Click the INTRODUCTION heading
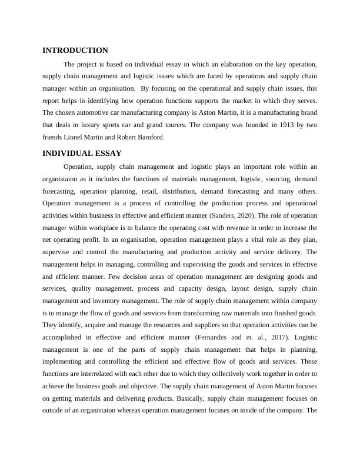pyautogui.click(x=75, y=51)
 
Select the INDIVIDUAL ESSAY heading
pyautogui.click(x=81, y=154)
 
